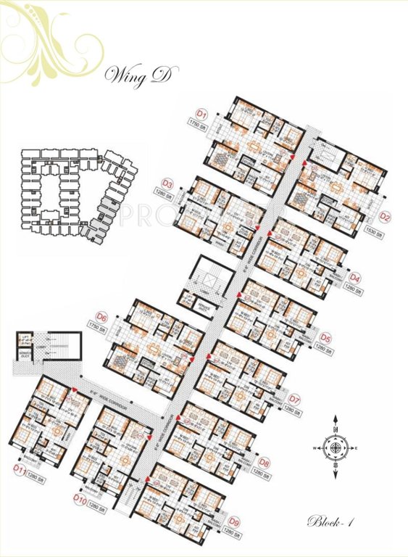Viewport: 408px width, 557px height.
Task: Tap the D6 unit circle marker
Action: tap(102, 317)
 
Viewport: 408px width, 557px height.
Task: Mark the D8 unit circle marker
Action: tap(265, 462)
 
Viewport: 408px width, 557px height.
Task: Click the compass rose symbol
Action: tap(336, 448)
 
